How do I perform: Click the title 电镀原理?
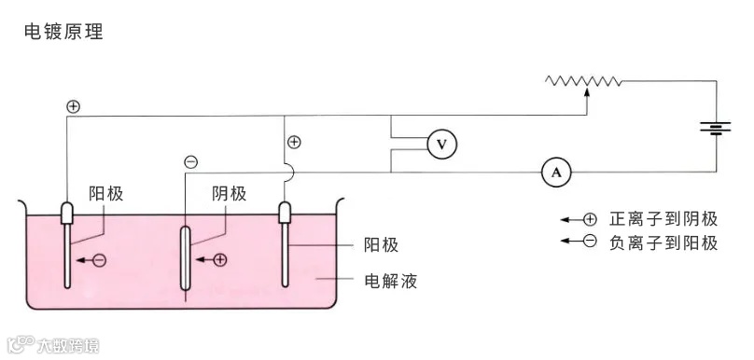[63, 31]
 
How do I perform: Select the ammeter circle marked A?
[556, 172]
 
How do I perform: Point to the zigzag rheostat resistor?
[584, 81]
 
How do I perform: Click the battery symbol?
[716, 128]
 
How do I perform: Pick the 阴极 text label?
[229, 194]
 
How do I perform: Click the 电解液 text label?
[390, 280]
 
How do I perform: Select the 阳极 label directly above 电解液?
[381, 245]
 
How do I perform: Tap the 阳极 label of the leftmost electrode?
[106, 194]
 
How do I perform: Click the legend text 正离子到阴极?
[663, 219]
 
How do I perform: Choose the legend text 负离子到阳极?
[663, 243]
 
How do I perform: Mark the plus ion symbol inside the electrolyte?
[220, 259]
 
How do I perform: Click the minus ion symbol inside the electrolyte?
[100, 259]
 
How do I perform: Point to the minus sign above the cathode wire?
[190, 162]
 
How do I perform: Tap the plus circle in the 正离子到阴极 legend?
[590, 219]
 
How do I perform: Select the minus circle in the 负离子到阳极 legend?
[590, 243]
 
